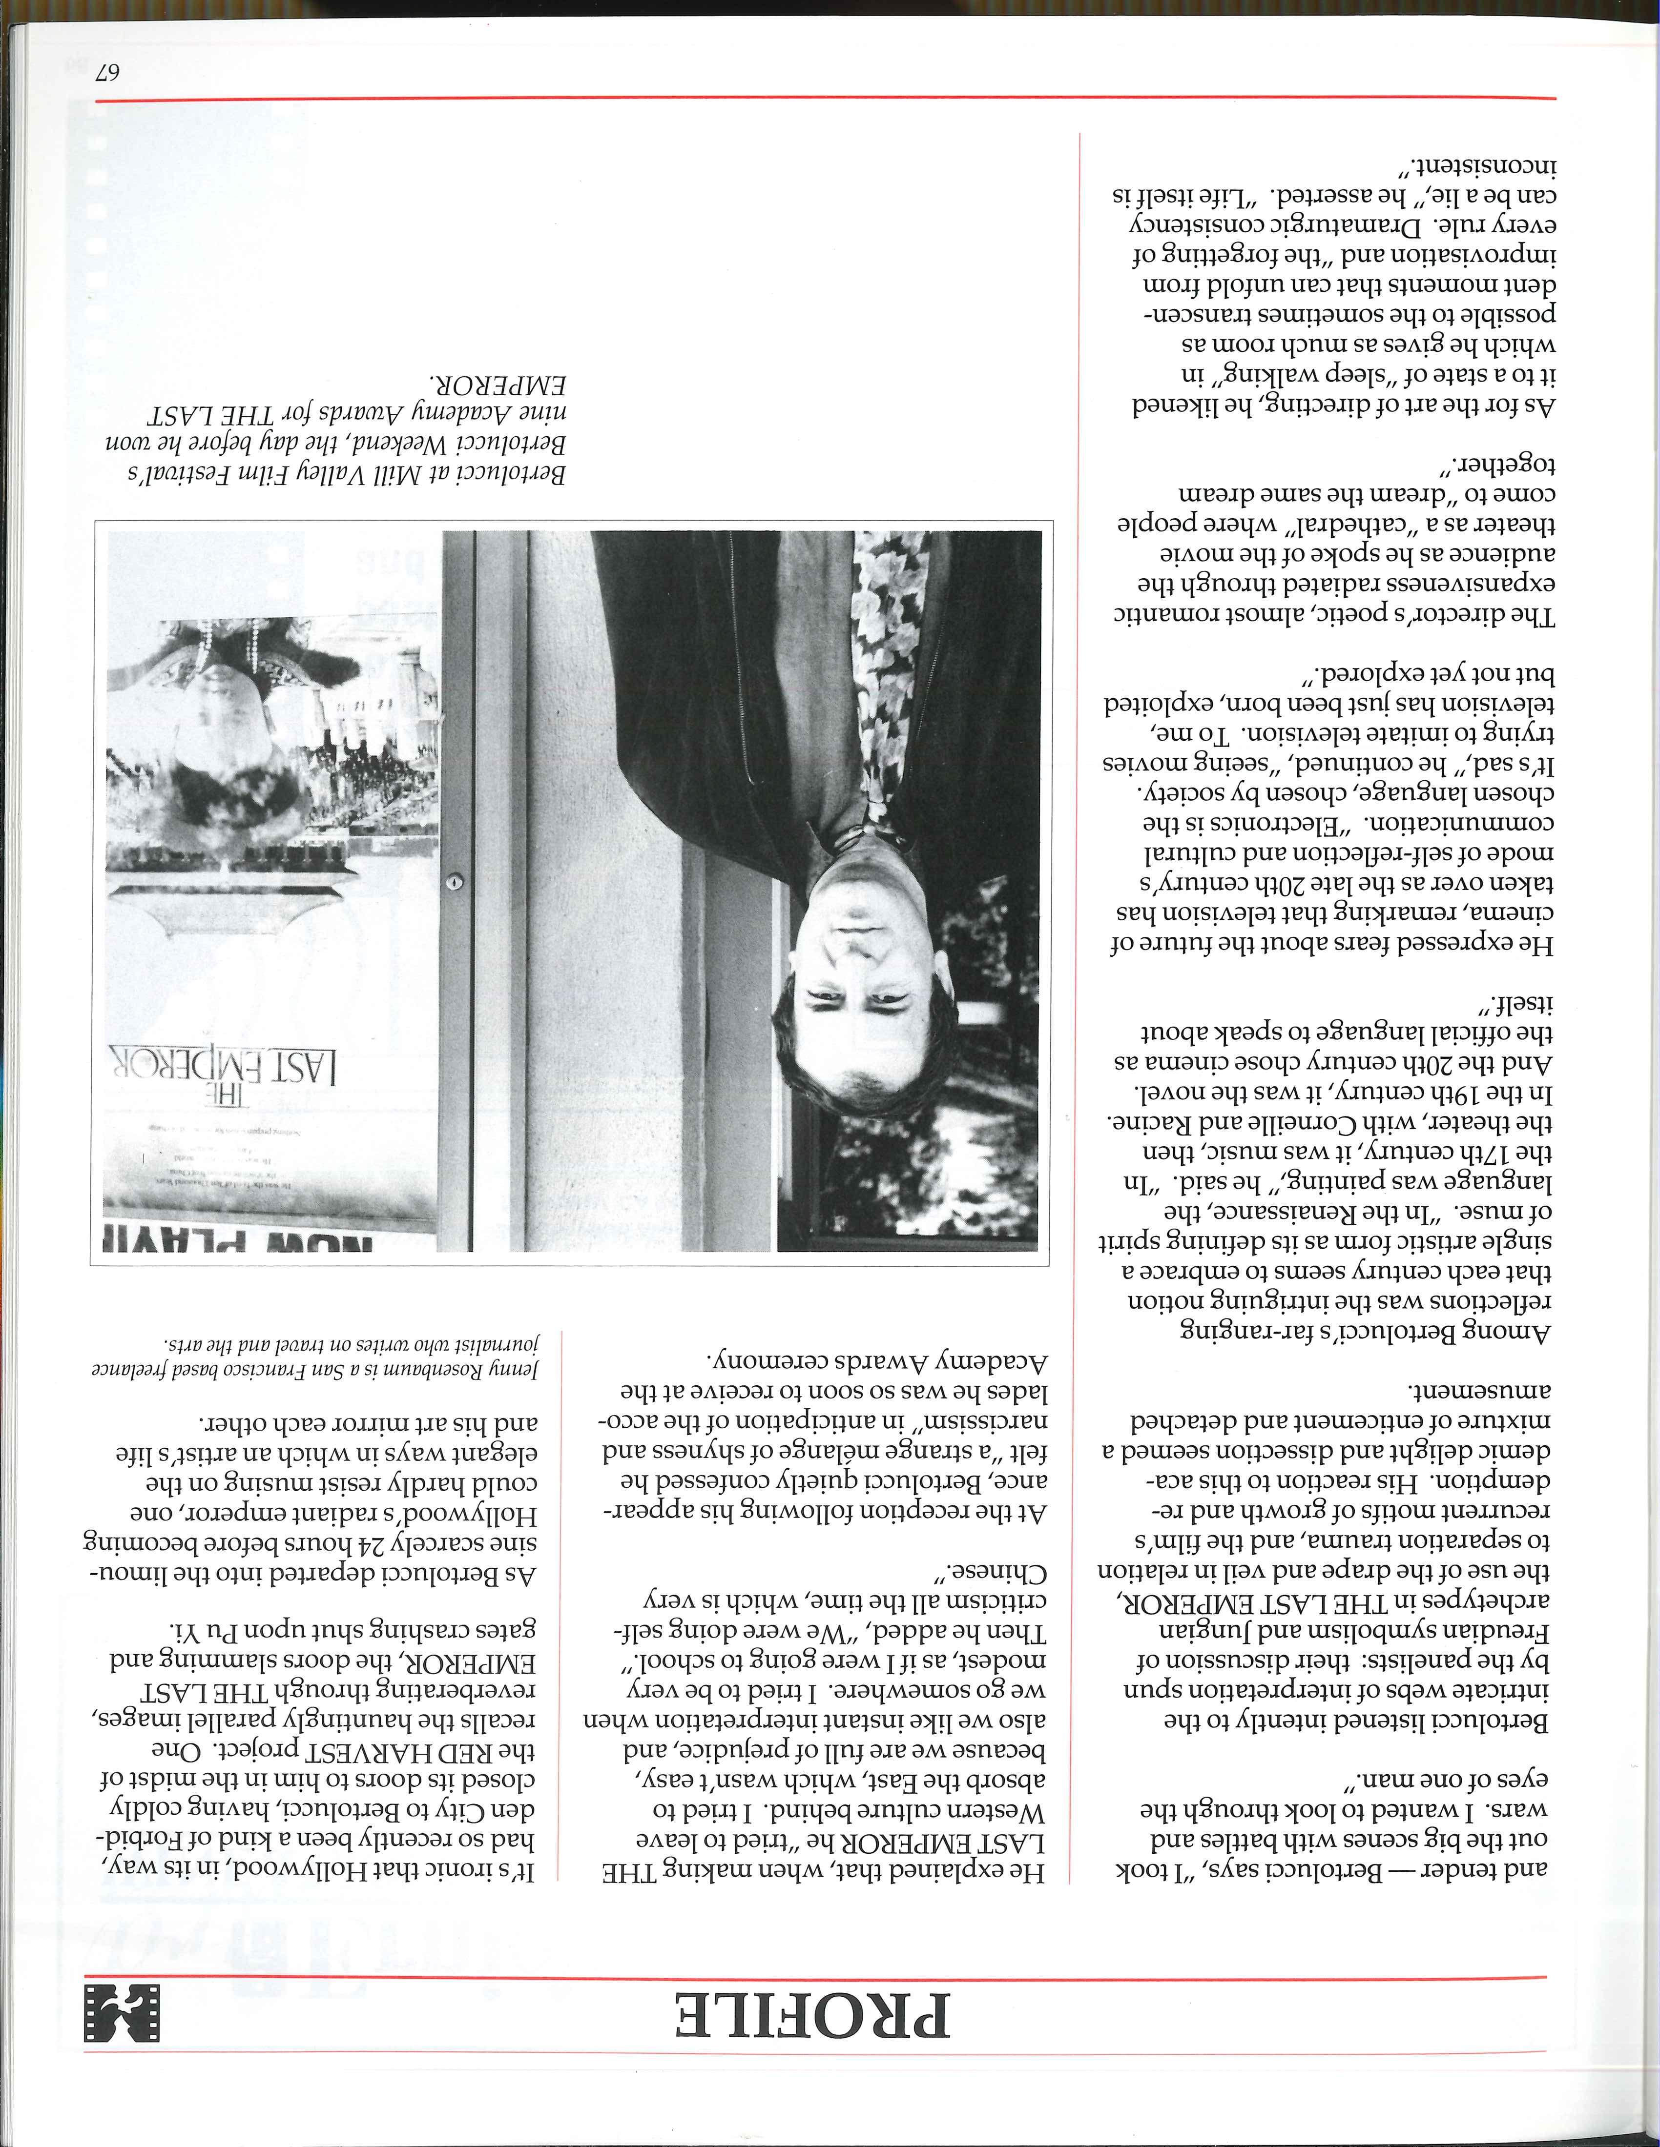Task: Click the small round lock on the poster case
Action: pos(454,881)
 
